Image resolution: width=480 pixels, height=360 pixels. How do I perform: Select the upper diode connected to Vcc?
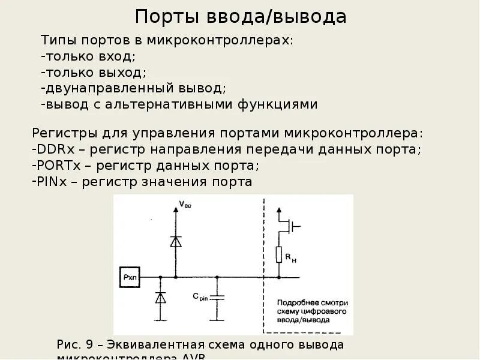coord(176,241)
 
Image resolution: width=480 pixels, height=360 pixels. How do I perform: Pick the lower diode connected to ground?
coord(160,298)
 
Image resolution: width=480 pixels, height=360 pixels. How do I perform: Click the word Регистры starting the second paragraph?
coord(59,133)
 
